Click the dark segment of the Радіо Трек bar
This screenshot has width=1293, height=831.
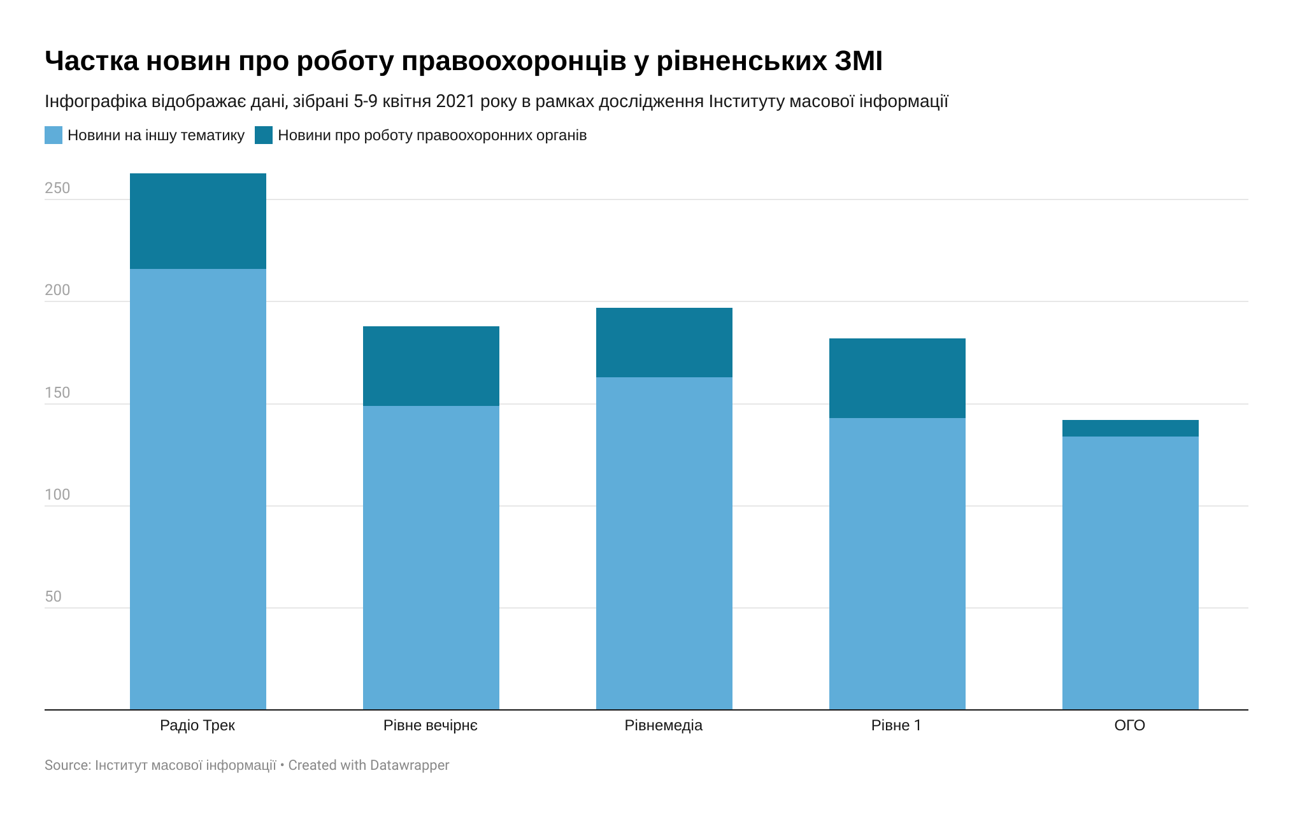click(198, 221)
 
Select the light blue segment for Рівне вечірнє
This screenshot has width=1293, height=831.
click(431, 558)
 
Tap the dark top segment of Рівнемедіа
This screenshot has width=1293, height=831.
click(664, 343)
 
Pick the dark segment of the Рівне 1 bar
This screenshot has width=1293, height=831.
click(897, 379)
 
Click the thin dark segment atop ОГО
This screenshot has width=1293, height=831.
click(1131, 428)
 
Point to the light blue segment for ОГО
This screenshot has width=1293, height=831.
click(1131, 573)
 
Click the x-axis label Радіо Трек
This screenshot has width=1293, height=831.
click(197, 725)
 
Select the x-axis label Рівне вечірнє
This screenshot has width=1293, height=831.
click(431, 725)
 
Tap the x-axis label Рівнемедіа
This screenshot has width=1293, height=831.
click(664, 725)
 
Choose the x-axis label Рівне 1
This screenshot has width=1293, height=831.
click(897, 725)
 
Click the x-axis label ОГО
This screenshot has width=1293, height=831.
click(1130, 725)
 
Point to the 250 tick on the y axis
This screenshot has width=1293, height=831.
click(57, 188)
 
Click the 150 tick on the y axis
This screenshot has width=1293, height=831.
click(57, 393)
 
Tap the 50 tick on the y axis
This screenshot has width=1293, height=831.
click(54, 596)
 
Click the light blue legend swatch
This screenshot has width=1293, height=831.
click(54, 135)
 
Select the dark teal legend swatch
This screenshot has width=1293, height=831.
click(264, 135)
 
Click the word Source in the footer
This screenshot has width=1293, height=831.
click(67, 765)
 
